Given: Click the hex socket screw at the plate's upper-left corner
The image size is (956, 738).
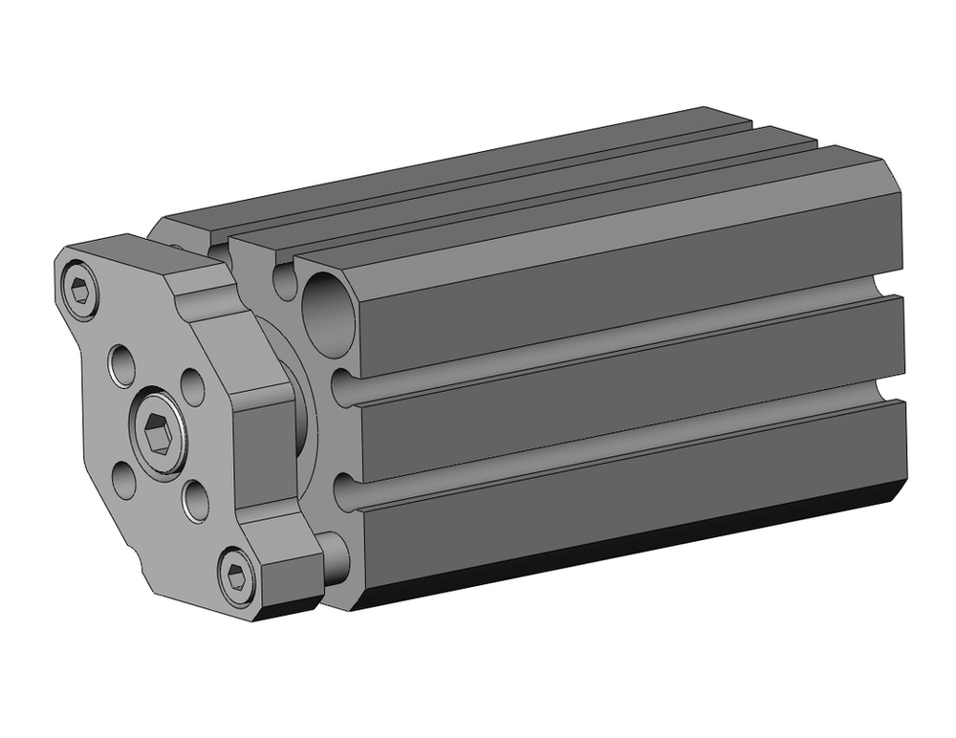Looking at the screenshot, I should point(82,290).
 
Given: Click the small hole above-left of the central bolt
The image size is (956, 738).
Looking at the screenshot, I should point(122,365).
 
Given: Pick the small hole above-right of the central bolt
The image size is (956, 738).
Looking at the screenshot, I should point(192,388).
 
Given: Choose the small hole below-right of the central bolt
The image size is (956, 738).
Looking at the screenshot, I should point(195,501).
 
